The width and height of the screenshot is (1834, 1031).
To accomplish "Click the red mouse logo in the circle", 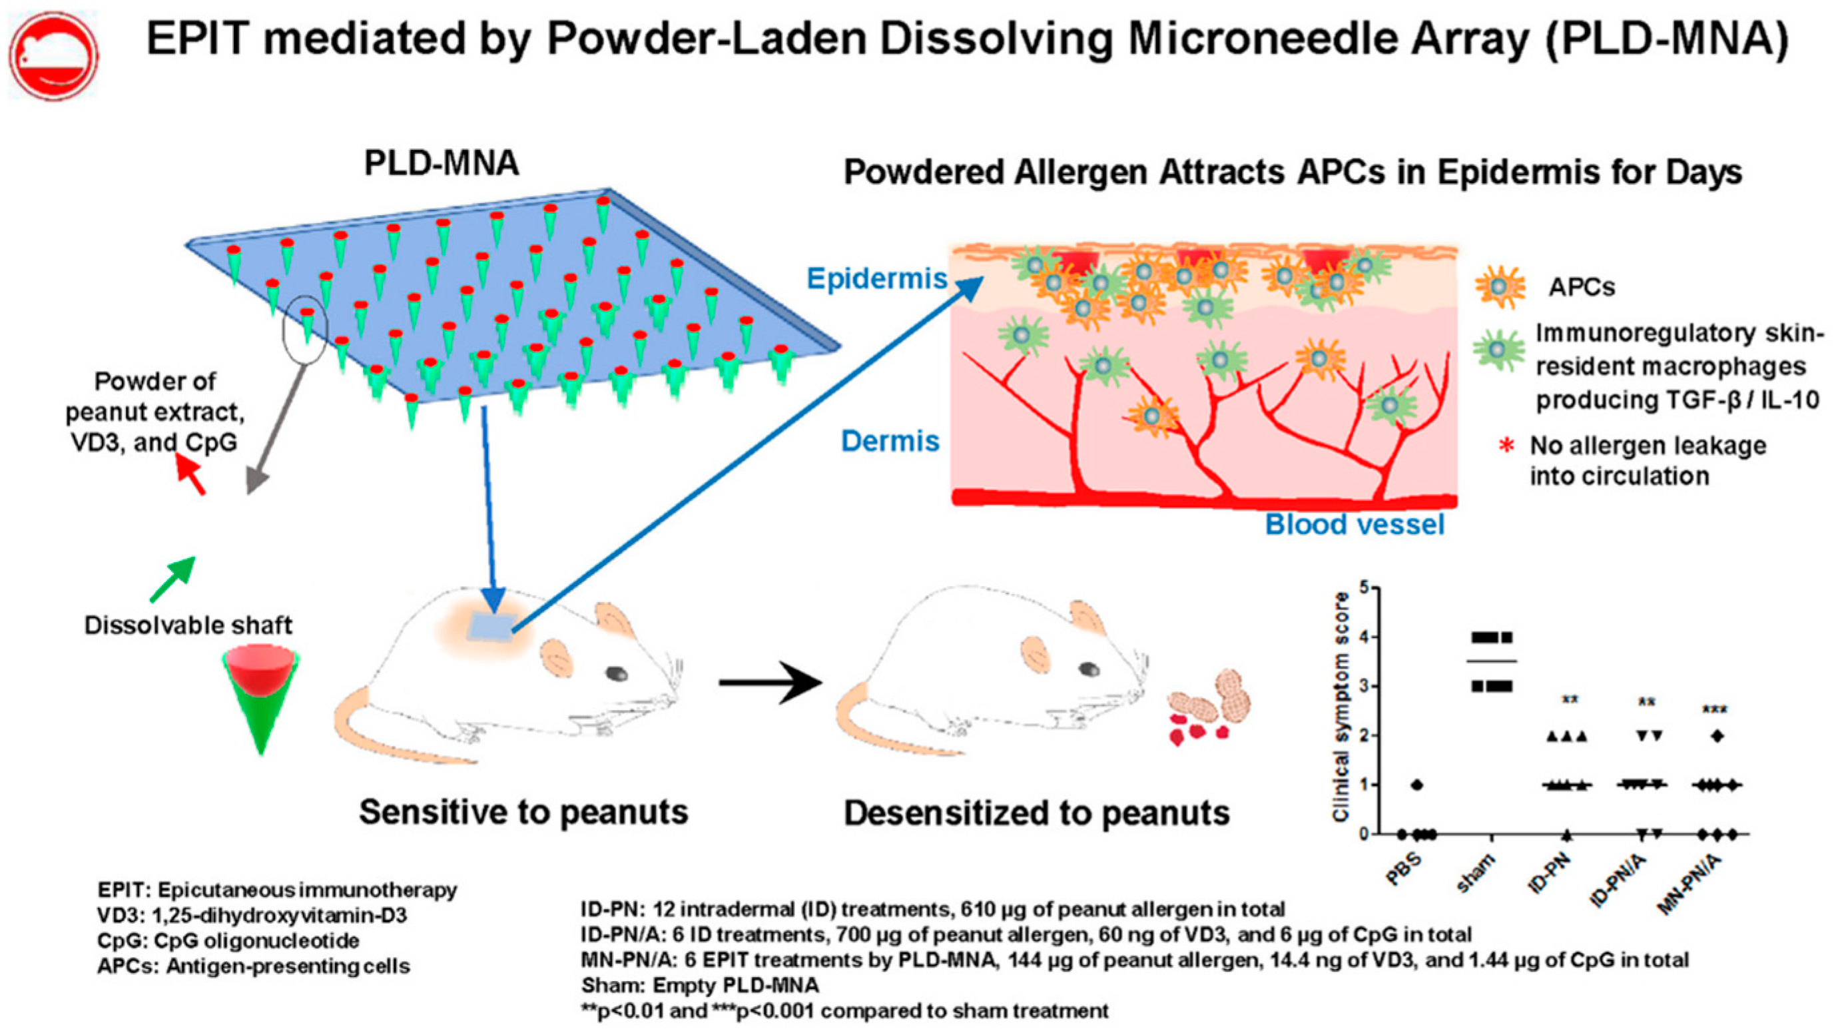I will click(x=54, y=57).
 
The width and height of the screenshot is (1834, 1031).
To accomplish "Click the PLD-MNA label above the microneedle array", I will click(x=442, y=164).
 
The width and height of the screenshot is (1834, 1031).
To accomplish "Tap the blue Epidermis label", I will click(x=876, y=278).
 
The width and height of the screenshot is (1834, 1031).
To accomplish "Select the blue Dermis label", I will click(x=890, y=442).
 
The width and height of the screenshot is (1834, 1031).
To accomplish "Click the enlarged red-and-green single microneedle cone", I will click(x=260, y=698).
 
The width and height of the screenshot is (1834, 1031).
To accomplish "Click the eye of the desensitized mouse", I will click(x=1089, y=669).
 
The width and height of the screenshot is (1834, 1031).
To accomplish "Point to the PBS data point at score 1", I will click(x=1417, y=785).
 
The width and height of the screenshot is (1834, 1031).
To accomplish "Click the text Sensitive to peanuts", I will click(x=523, y=812).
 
